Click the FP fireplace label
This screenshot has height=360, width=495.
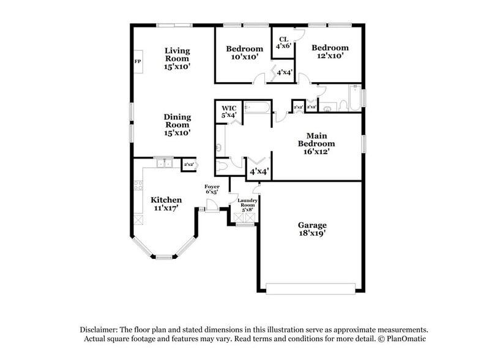(138, 62)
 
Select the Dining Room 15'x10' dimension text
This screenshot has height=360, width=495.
(177, 132)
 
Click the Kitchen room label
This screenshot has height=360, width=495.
(166, 200)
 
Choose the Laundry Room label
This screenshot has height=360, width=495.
(247, 203)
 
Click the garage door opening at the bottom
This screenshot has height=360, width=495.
(311, 288)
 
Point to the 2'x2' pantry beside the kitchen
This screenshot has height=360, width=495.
(189, 165)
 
